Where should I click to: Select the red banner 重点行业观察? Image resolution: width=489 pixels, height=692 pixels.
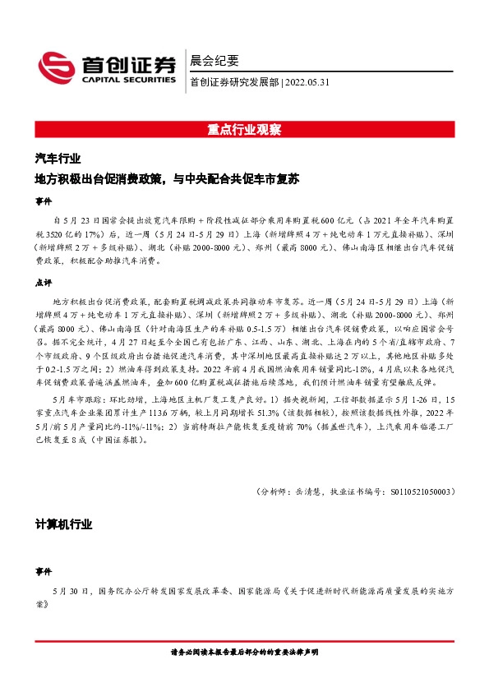tap(244, 130)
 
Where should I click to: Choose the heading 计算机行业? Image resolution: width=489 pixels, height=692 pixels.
tap(63, 524)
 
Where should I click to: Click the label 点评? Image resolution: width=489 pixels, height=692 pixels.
tap(43, 281)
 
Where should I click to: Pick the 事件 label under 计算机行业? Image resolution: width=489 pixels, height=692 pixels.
tap(43, 570)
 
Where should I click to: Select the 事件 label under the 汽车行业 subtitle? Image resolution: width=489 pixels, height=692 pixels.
tap(43, 201)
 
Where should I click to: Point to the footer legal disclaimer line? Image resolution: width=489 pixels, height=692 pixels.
tap(244, 651)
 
